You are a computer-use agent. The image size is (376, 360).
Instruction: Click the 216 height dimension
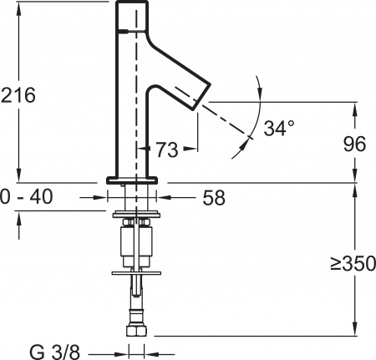(18, 95)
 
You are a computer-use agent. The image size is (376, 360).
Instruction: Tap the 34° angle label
(278, 129)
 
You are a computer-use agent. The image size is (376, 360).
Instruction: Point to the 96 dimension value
(355, 144)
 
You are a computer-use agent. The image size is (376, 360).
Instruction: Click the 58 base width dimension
(213, 199)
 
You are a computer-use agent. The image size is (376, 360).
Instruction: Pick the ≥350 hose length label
(352, 266)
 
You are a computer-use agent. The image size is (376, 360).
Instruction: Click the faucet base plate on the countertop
(132, 179)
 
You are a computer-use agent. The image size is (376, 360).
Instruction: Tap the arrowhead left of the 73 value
(151, 150)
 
